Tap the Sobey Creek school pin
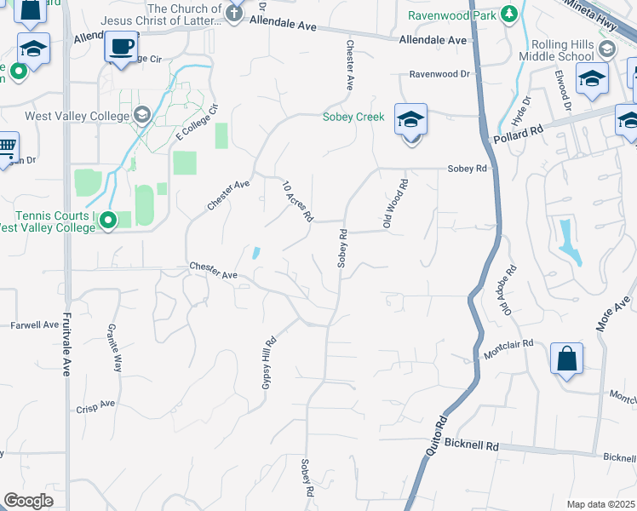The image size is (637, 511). (410, 120)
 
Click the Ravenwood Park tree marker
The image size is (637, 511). (509, 14)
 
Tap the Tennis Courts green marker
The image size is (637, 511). (108, 221)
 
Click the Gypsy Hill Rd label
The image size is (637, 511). (267, 363)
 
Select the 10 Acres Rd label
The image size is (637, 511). (298, 201)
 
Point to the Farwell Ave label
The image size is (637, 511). (35, 324)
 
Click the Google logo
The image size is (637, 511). (28, 500)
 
